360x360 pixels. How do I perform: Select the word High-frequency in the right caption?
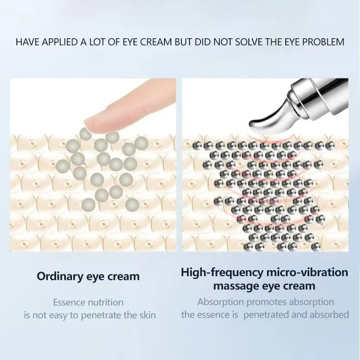pyautogui.click(x=222, y=273)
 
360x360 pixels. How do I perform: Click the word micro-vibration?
pyautogui.click(x=307, y=273)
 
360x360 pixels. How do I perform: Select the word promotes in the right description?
pyautogui.click(x=266, y=302)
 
